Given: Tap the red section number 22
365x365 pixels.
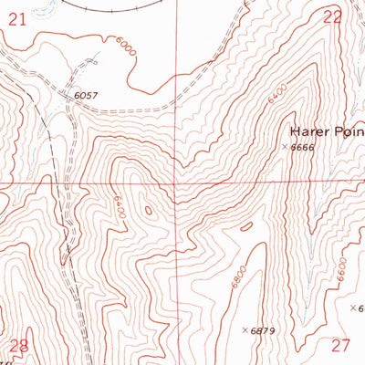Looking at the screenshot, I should pyautogui.click(x=333, y=16).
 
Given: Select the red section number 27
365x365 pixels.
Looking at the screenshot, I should pyautogui.click(x=340, y=345).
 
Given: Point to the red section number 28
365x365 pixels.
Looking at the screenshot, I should pyautogui.click(x=18, y=345).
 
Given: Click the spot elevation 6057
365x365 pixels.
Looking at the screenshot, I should pyautogui.click(x=84, y=95).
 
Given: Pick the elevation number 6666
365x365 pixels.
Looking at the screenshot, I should pyautogui.click(x=304, y=147).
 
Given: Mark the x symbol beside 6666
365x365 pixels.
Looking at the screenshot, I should pyautogui.click(x=286, y=147).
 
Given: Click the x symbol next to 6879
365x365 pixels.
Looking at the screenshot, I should pyautogui.click(x=245, y=329).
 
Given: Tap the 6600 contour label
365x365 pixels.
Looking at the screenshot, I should pyautogui.click(x=340, y=270).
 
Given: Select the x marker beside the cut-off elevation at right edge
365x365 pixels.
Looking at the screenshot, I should pyautogui.click(x=354, y=308).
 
